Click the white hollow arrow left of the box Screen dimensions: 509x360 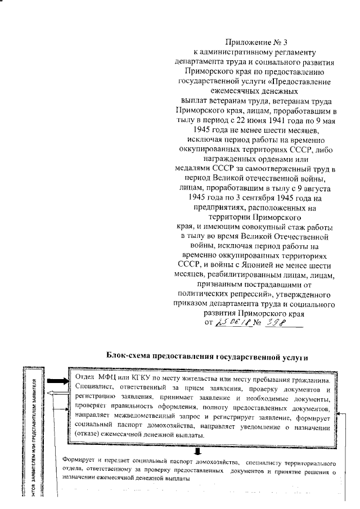coord(57,396)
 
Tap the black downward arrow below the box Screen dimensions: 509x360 coord(198,451)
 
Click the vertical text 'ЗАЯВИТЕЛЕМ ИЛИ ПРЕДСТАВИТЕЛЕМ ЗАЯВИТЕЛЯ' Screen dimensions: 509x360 coord(35,416)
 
